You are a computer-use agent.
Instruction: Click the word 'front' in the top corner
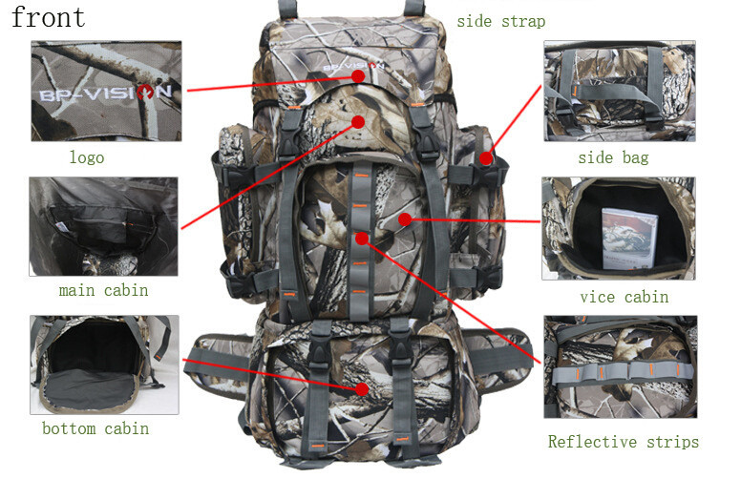click(x=48, y=17)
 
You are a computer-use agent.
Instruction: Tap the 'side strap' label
click(x=501, y=21)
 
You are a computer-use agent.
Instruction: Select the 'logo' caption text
click(x=87, y=156)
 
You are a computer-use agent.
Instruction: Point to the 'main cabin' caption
click(x=103, y=289)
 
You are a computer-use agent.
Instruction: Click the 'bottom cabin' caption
click(x=95, y=428)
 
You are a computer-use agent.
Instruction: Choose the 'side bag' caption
click(x=613, y=157)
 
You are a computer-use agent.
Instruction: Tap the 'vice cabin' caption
click(x=625, y=297)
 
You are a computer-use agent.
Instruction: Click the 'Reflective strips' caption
click(x=624, y=441)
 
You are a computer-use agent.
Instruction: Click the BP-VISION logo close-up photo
click(x=106, y=91)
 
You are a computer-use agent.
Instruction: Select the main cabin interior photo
click(x=103, y=226)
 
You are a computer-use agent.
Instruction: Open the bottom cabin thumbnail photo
click(x=104, y=364)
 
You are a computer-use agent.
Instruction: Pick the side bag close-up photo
click(x=620, y=91)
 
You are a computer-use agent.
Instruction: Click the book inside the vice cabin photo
click(x=629, y=239)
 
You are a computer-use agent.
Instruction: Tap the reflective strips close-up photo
click(x=621, y=366)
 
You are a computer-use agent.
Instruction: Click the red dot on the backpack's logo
click(x=358, y=75)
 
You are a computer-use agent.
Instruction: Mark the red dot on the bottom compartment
click(x=362, y=388)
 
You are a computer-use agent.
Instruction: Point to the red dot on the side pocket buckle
click(x=486, y=158)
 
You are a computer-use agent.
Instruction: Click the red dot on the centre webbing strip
click(x=362, y=239)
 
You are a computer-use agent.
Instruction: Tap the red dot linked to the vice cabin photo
click(x=405, y=219)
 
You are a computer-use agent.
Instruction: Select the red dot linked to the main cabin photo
click(x=358, y=122)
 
